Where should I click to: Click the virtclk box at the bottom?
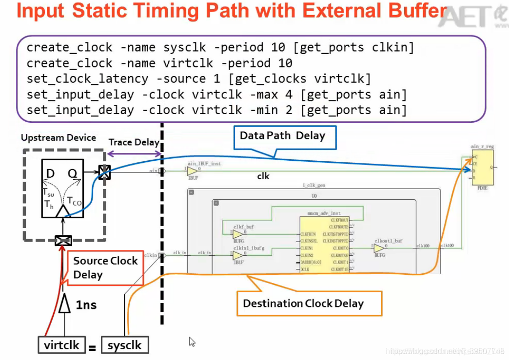pos(61,345)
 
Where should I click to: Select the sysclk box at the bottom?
pos(125,345)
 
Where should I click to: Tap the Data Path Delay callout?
pos(282,136)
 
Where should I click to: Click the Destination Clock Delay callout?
pos(303,303)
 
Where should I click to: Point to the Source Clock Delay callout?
pos(105,267)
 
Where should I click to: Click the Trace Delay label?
pos(134,142)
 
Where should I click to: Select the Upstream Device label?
pos(59,138)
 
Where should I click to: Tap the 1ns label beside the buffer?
pos(86,305)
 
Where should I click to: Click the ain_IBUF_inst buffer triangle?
pos(193,171)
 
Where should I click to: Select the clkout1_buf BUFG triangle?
pos(379,248)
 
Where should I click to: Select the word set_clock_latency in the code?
pos(87,79)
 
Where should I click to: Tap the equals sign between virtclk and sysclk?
pos(93,347)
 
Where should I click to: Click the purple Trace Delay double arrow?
pos(134,154)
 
